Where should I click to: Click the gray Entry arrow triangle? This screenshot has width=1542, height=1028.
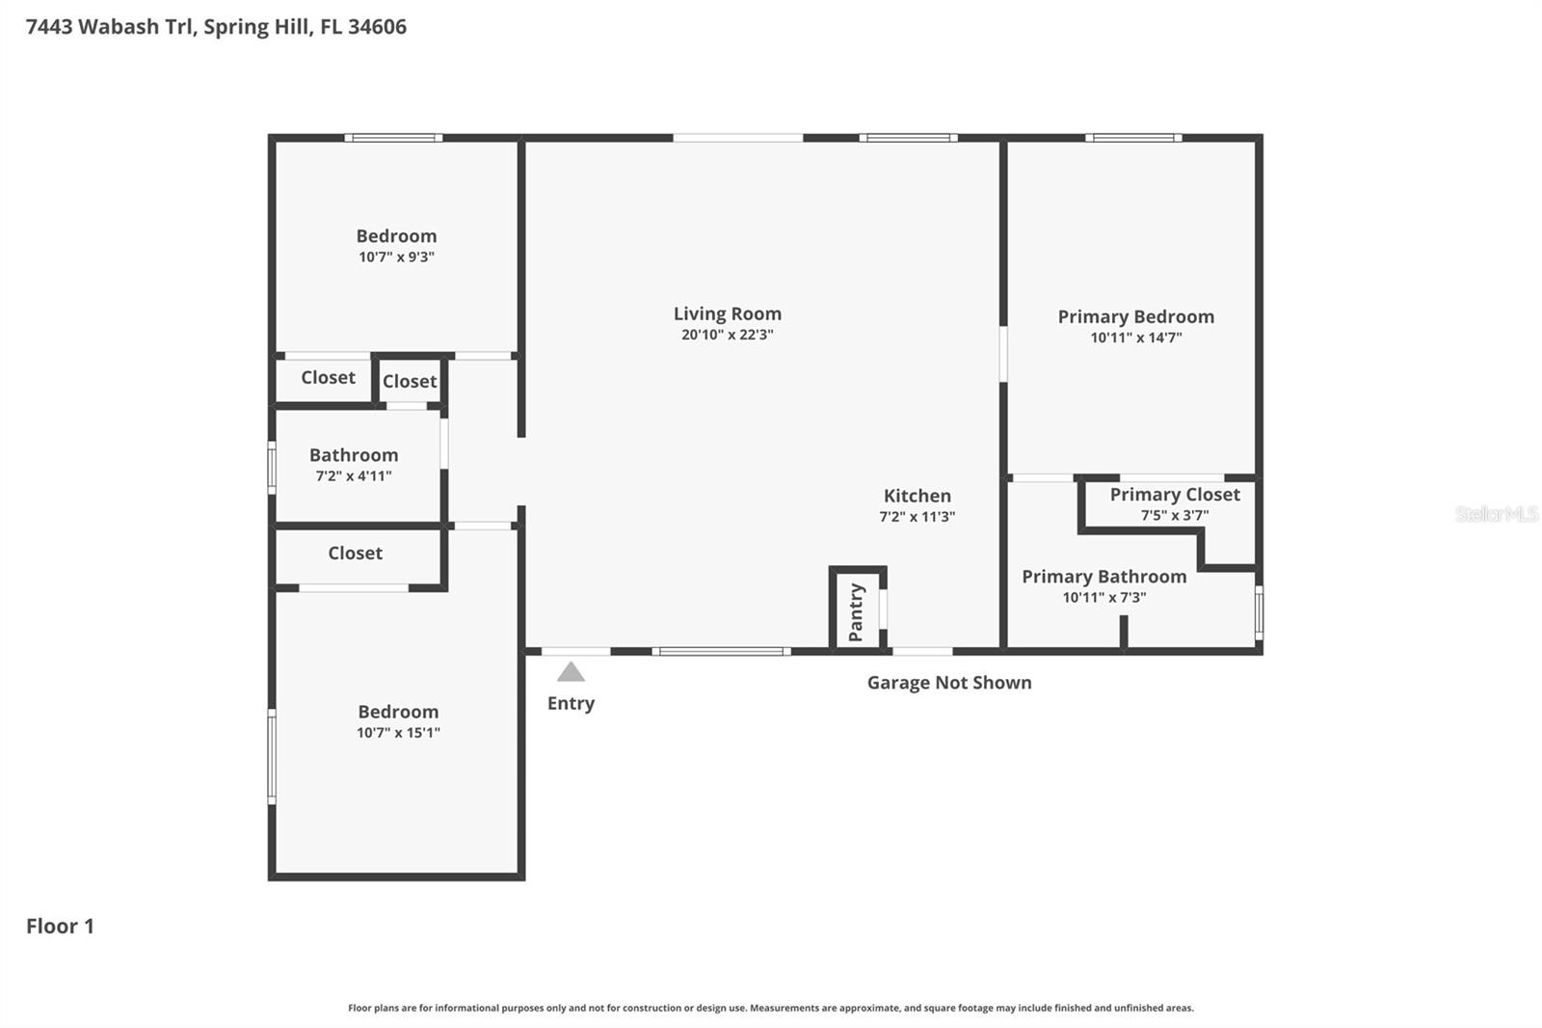pyautogui.click(x=571, y=672)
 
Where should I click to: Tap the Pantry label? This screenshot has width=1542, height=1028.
pyautogui.click(x=856, y=612)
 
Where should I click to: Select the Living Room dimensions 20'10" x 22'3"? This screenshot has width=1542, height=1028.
pyautogui.click(x=727, y=335)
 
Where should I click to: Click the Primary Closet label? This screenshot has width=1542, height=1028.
pyautogui.click(x=1174, y=495)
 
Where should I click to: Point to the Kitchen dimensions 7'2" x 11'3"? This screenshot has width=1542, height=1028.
pyautogui.click(x=917, y=517)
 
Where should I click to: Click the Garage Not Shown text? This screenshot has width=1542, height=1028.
pyautogui.click(x=948, y=683)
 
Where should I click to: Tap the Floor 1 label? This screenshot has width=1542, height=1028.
pyautogui.click(x=60, y=926)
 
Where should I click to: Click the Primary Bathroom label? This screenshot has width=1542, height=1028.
pyautogui.click(x=1103, y=577)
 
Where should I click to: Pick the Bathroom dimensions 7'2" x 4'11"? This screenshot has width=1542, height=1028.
pyautogui.click(x=354, y=476)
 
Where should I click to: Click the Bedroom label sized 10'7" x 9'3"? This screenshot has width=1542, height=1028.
pyautogui.click(x=396, y=236)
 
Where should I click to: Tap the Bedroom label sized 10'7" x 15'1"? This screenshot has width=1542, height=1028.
pyautogui.click(x=398, y=712)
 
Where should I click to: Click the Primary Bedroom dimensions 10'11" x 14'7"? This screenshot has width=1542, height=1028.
pyautogui.click(x=1135, y=338)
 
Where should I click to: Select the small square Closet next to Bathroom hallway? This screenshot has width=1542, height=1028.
pyautogui.click(x=410, y=381)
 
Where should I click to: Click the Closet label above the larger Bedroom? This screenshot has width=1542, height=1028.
pyautogui.click(x=355, y=554)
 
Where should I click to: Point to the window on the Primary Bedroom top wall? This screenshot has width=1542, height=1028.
pyautogui.click(x=1133, y=138)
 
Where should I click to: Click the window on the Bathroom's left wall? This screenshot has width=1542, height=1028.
pyautogui.click(x=272, y=467)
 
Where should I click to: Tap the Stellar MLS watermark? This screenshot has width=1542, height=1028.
pyautogui.click(x=1496, y=514)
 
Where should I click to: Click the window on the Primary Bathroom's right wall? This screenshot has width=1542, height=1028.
pyautogui.click(x=1259, y=612)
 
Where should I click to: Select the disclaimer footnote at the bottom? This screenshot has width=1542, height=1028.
pyautogui.click(x=770, y=1008)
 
